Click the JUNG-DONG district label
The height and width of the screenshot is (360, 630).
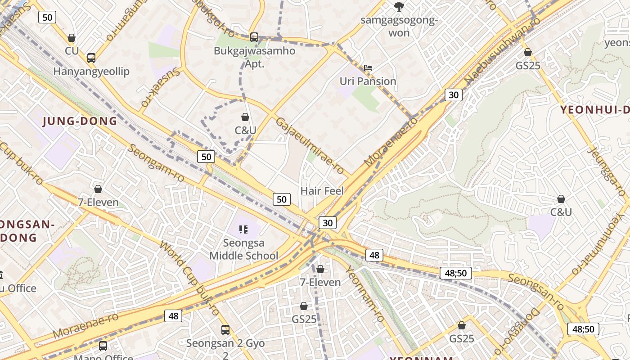80,121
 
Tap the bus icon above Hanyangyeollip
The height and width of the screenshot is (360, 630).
91,58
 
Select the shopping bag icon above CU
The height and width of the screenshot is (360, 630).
71,38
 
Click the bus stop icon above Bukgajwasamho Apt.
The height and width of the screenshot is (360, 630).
254,37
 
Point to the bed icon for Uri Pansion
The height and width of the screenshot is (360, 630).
368,68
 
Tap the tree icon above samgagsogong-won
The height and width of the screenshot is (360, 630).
399,6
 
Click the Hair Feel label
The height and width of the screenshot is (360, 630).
322,191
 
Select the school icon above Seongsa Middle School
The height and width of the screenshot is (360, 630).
244,229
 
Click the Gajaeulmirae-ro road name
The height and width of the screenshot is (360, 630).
310,146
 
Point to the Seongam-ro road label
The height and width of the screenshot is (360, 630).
156,163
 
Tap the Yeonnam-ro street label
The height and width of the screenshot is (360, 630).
364,293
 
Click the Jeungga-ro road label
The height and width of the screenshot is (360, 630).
606,171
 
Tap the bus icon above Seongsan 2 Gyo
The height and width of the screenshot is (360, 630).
225,330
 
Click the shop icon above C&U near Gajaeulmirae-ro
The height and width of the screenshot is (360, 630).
245,117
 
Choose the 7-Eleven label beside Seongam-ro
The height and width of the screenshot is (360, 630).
99,202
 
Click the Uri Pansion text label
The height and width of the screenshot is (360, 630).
368,81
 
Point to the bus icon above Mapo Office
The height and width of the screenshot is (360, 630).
103,346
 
